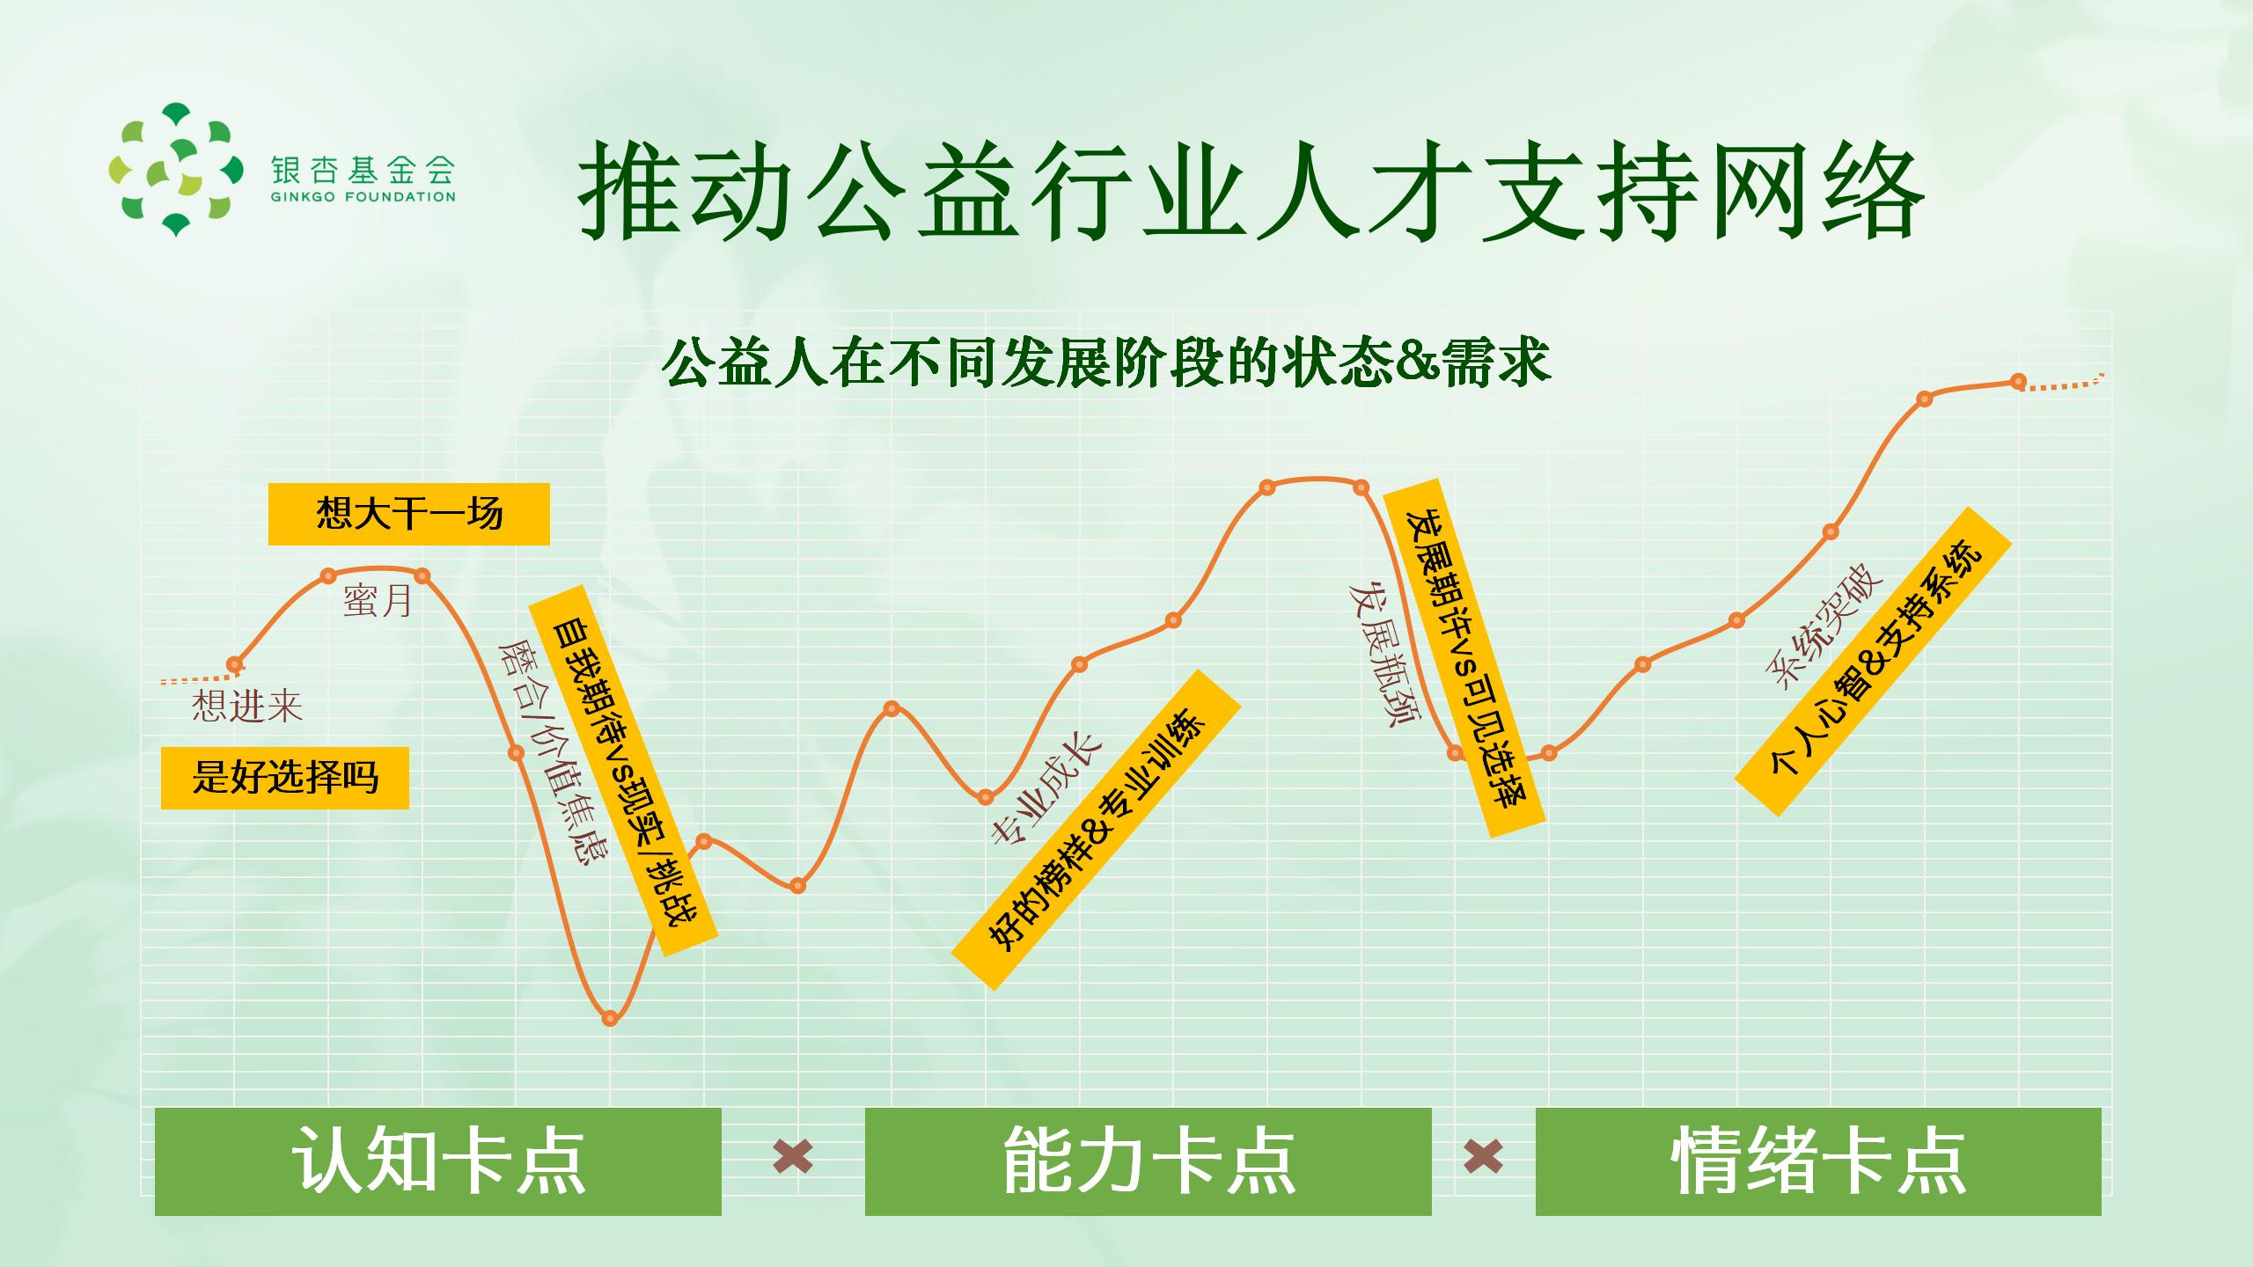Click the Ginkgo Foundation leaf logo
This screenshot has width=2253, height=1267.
tap(175, 170)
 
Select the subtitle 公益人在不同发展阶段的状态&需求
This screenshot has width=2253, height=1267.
tap(1106, 362)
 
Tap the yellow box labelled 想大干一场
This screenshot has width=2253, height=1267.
tap(409, 514)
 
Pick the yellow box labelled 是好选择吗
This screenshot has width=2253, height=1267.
tap(285, 778)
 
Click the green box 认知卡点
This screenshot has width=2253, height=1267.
tap(438, 1161)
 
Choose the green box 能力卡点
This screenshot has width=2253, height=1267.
tap(1149, 1161)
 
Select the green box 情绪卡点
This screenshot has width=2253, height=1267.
tap(1818, 1161)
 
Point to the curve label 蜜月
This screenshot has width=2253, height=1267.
tap(378, 601)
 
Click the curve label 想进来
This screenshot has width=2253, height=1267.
tap(247, 706)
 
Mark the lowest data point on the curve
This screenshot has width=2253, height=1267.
tap(611, 1019)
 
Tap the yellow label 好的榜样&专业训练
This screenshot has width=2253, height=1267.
tap(1097, 830)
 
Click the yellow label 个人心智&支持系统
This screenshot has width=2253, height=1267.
tap(1874, 661)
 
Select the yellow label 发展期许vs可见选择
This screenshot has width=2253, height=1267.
tap(1464, 658)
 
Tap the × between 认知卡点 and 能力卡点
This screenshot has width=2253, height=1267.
tap(793, 1156)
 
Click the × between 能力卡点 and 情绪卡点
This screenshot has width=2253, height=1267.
tap(1484, 1156)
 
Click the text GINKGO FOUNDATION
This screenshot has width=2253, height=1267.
tap(363, 197)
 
